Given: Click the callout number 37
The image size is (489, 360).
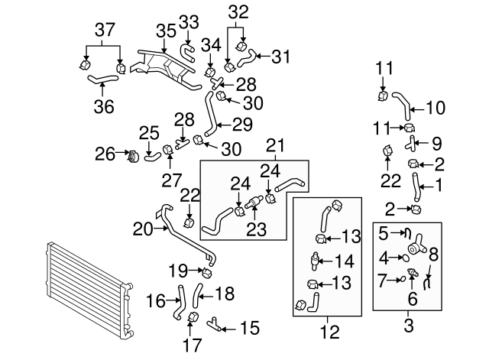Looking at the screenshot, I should [104, 30].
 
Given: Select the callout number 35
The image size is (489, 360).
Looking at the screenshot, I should [166, 31].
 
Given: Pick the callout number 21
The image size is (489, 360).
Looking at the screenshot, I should [276, 144].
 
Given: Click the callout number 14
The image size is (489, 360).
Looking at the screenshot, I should [346, 260].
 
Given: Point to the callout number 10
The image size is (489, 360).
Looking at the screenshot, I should [434, 109].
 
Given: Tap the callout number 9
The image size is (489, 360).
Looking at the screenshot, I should [436, 142].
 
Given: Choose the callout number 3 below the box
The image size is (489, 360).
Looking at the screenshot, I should [407, 327].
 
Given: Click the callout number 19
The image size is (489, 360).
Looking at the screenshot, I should [178, 269].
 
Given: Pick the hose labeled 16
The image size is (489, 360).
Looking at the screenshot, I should [182, 300].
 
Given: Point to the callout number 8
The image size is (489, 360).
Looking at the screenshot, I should [433, 255].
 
